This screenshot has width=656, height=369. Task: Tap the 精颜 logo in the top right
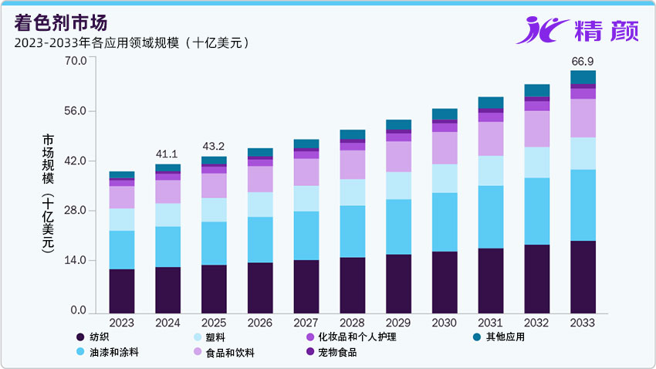575,30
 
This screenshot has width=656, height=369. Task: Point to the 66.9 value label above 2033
582,61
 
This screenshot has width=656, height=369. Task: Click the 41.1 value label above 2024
167,154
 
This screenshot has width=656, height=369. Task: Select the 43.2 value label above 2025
214,146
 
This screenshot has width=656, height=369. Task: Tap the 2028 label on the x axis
352,323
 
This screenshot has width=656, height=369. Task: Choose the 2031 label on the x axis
490,323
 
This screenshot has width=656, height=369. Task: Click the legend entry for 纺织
100,337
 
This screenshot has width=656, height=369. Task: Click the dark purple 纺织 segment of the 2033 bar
583,276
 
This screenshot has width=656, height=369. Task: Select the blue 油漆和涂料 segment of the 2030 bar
444,222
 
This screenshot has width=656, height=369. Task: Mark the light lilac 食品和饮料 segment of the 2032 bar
536,129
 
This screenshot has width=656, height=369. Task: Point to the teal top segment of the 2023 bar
122,174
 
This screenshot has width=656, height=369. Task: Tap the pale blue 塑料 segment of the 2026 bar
259,205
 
